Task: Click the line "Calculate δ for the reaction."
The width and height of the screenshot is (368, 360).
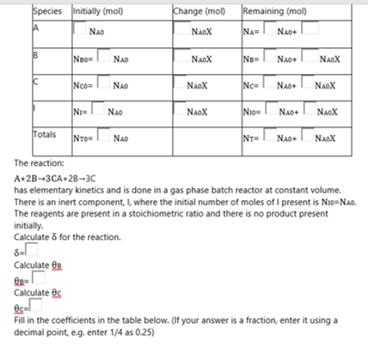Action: pyautogui.click(x=68, y=236)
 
